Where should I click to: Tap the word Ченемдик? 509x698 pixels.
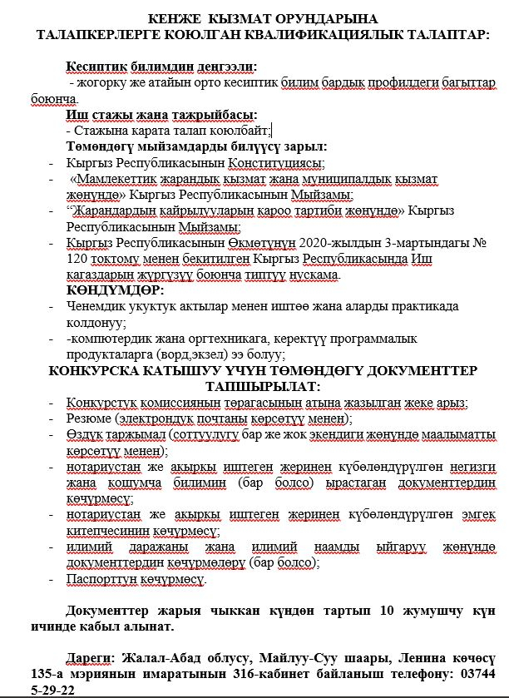(94, 307)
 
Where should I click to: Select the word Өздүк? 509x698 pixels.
(84, 434)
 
